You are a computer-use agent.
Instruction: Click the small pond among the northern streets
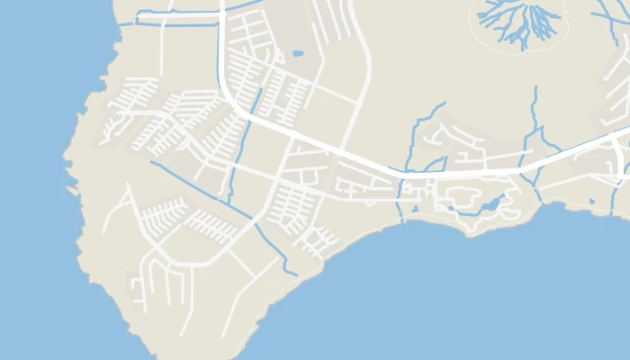[298, 53]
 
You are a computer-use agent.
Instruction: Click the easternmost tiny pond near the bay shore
[591, 201]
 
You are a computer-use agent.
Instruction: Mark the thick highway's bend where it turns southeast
[232, 103]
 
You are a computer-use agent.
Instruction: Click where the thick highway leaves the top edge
[221, 3]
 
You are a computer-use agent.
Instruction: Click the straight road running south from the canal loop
[161, 49]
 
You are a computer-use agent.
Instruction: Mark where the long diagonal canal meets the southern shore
[294, 274]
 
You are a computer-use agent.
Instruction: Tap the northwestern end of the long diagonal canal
[151, 163]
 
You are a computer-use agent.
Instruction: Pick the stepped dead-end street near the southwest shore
[139, 288]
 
